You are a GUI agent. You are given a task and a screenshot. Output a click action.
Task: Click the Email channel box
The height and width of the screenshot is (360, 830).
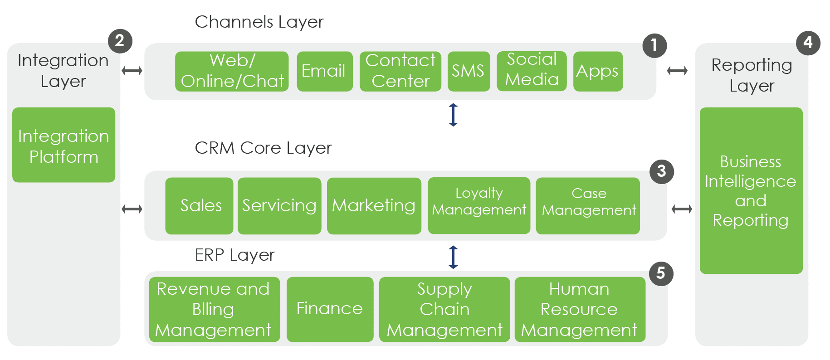pos(324,71)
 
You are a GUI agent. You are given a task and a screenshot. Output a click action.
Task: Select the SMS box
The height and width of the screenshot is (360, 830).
pos(469,71)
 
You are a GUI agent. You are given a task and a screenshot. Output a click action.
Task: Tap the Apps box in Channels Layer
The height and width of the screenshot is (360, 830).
pos(598,71)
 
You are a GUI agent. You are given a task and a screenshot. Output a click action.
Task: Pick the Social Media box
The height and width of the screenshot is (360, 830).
pos(532,71)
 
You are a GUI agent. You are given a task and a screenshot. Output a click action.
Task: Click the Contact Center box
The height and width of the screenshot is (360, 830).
pos(400,71)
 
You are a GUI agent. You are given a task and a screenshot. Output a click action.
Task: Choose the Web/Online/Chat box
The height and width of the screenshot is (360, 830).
pos(232,71)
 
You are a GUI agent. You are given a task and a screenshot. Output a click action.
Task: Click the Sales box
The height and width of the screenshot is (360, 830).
pos(199,206)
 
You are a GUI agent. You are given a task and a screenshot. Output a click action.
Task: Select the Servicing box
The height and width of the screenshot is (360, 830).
pos(279,206)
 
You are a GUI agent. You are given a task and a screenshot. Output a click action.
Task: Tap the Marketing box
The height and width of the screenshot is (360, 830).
pos(374,206)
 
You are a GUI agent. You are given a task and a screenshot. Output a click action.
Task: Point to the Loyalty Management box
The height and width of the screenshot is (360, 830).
pos(479,205)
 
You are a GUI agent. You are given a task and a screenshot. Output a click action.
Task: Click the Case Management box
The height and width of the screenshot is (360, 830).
pos(588,205)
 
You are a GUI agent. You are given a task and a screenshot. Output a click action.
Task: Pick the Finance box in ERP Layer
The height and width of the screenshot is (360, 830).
pos(330,309)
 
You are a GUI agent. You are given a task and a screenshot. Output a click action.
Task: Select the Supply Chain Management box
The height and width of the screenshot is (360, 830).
pos(444,309)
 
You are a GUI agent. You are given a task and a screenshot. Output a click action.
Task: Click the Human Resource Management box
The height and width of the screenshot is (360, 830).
pos(580,309)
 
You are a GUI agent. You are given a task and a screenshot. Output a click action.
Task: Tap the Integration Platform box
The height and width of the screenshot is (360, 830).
pos(63,145)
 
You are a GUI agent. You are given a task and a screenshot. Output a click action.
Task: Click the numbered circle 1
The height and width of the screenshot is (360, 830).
pos(654,45)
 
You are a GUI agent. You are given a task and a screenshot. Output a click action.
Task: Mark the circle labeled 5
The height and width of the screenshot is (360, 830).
pos(661,273)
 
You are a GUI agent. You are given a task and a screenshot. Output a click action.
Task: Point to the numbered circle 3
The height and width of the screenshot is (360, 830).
pos(662,171)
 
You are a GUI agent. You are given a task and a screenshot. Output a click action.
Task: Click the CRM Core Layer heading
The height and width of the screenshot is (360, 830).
pos(263,148)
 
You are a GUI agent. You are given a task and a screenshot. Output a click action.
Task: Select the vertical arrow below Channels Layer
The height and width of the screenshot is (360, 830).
pos(453,115)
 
